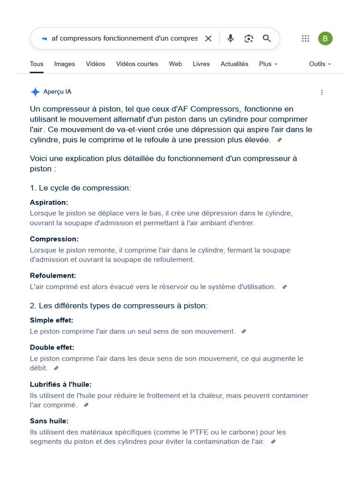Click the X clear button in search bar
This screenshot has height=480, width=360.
pos(209,38)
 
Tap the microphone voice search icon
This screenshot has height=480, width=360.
pos(231,38)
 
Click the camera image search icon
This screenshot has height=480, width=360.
pos(248,38)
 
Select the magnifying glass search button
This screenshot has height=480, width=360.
pos(267,38)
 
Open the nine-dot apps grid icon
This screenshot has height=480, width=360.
pos(305,38)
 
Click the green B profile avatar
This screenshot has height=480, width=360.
pos(325,38)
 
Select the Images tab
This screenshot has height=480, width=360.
pos(65,64)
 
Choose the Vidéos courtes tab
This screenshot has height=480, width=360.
pos(137,64)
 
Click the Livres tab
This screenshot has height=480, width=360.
pos(201,64)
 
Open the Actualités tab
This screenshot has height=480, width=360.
pos(234,64)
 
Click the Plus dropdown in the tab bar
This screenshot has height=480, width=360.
pos(268,64)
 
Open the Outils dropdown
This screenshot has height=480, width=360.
pos(320,64)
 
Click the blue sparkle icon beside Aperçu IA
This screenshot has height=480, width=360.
pos(35,92)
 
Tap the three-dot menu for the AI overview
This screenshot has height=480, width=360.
pos(322,92)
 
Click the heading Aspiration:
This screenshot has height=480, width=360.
pos(49,202)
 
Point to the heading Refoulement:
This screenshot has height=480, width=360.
pos(53,276)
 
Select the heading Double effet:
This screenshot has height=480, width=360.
pos(52,348)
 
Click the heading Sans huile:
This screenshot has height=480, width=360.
pos(49,421)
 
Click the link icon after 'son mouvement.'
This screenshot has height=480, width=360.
pos(244,331)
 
